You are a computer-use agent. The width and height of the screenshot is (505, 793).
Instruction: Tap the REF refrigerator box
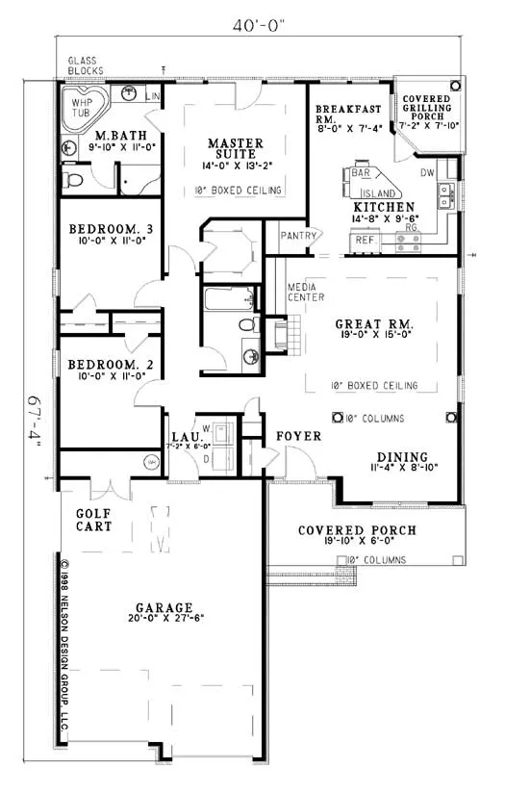(364, 240)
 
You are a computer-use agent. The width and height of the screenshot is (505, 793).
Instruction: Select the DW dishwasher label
(426, 172)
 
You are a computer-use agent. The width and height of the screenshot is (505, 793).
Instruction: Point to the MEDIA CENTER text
(304, 293)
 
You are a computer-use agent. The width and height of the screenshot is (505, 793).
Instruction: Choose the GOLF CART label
(94, 520)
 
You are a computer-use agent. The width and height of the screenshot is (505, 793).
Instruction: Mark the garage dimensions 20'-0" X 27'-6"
(164, 622)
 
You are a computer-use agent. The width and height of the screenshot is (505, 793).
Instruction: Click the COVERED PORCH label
(357, 530)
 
